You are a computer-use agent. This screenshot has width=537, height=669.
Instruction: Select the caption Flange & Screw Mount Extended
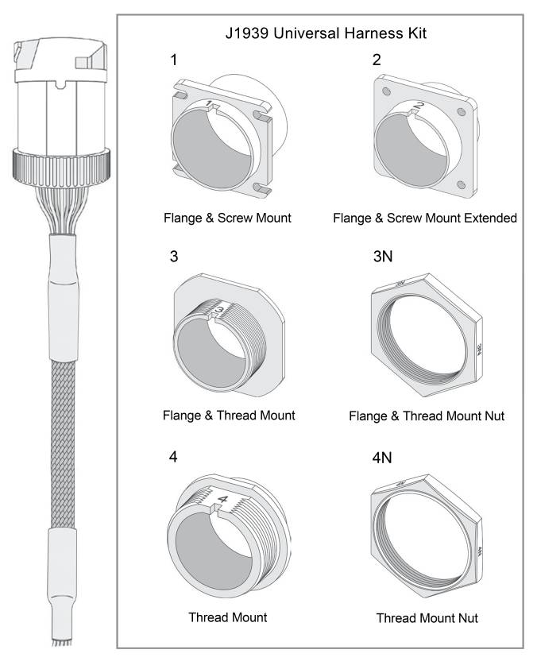pos(425,218)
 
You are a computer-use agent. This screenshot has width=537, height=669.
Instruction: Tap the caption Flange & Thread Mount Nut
pos(426,416)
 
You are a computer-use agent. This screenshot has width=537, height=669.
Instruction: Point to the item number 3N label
pos(383,258)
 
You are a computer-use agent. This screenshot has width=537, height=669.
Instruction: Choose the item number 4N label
pos(383,458)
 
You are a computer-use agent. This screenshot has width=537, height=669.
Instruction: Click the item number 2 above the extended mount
pos(377,60)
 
